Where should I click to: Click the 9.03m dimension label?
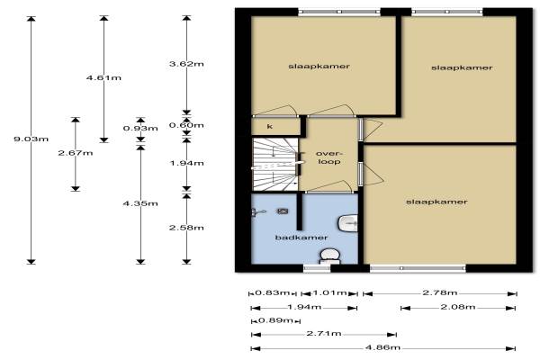point(31,139)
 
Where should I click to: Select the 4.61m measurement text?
point(103,77)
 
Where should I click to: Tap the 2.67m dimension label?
point(76,153)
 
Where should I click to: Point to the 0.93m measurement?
point(140,128)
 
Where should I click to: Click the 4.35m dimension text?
point(140,203)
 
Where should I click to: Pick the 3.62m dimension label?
point(186,64)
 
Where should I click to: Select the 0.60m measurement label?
point(186,125)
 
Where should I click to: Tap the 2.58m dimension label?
point(186,228)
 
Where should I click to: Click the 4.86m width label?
point(382,347)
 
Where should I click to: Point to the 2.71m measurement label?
point(324,333)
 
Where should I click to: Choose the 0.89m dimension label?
point(275,320)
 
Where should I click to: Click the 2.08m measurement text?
point(458,307)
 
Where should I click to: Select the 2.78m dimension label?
point(440,292)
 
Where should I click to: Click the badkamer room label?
point(301,238)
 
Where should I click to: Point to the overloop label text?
point(328,157)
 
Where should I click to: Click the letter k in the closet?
point(270,126)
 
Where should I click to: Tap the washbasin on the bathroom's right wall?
point(348,223)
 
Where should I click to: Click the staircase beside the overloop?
point(275,164)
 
